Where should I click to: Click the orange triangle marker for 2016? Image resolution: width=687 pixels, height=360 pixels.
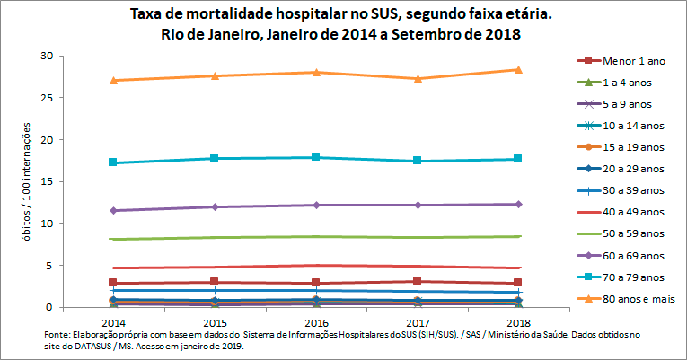(x=315, y=72)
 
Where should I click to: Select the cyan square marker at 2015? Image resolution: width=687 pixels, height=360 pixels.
(x=214, y=158)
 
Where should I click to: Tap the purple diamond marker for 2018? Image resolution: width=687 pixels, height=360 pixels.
(x=518, y=204)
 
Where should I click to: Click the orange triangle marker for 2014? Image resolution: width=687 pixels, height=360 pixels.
(x=112, y=80)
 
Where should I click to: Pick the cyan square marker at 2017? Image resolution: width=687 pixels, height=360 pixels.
(x=417, y=161)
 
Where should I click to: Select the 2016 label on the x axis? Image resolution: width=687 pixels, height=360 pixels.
(x=315, y=321)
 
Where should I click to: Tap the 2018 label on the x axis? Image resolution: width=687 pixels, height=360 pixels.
(x=518, y=321)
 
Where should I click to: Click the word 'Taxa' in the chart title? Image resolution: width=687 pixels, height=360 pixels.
(x=147, y=15)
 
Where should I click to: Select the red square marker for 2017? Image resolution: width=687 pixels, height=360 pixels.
(x=417, y=281)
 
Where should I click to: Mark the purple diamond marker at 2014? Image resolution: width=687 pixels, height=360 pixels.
(x=112, y=210)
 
